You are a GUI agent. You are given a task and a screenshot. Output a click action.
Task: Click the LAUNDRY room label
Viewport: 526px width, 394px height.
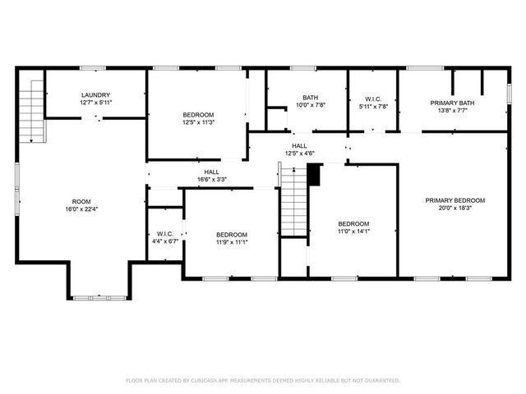point(95,95)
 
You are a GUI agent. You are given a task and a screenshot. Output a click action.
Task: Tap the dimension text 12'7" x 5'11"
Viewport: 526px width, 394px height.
point(95,103)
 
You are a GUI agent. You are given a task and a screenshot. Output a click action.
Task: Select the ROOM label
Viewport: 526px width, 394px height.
point(81,201)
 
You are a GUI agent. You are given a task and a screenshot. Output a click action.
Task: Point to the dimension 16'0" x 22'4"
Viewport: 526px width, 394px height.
point(81,208)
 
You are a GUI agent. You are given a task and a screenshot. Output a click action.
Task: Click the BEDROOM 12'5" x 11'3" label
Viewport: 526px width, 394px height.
point(198,114)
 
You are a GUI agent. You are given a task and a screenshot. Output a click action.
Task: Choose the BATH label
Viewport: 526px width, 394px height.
point(310,97)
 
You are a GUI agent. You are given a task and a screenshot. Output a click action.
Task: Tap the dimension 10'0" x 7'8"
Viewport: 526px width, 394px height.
point(310,104)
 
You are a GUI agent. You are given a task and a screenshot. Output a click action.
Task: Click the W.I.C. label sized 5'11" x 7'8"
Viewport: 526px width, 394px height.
point(373,98)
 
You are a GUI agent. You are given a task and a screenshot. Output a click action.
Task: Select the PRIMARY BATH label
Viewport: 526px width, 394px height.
point(453,103)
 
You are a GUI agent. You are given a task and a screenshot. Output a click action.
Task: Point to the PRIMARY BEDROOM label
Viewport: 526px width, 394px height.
point(454,200)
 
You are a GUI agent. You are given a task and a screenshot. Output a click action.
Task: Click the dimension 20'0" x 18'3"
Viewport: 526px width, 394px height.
point(454,208)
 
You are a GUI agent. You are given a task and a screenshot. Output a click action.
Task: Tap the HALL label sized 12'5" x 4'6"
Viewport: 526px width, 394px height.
point(299,145)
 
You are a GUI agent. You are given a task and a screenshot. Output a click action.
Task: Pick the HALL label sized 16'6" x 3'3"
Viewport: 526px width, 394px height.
point(211,172)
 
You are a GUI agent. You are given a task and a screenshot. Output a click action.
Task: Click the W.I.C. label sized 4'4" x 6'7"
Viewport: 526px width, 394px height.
point(164,233)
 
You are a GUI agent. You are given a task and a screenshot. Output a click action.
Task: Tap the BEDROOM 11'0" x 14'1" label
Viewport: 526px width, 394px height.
point(353,223)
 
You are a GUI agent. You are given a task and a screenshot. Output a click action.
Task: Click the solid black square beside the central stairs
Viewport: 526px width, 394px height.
point(313,173)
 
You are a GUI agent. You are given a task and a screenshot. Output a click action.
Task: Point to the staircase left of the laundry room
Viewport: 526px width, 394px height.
point(30,111)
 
